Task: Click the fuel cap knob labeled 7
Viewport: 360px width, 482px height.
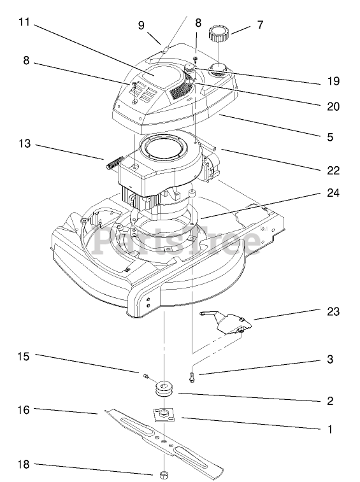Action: pyautogui.click(x=218, y=34)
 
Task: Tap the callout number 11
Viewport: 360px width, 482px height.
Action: pyautogui.click(x=24, y=22)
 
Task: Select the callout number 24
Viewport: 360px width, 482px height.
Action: pyautogui.click(x=333, y=193)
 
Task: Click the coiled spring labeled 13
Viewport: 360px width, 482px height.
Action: pyautogui.click(x=115, y=162)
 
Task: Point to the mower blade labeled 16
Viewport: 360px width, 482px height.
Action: pyautogui.click(x=164, y=441)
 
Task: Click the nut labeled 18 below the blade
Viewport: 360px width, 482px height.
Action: pyautogui.click(x=164, y=474)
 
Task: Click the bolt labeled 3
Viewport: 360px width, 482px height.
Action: pyautogui.click(x=192, y=377)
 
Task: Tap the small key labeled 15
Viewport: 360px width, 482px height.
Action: pyautogui.click(x=146, y=375)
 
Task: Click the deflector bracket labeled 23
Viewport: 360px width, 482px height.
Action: pyautogui.click(x=226, y=322)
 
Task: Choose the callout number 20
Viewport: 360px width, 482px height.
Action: pyautogui.click(x=333, y=106)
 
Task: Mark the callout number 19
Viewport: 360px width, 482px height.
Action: pyautogui.click(x=333, y=81)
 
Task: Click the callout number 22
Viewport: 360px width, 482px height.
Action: pyautogui.click(x=333, y=170)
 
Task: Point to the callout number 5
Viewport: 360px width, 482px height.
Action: pyautogui.click(x=330, y=137)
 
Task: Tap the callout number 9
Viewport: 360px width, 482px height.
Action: pyautogui.click(x=141, y=25)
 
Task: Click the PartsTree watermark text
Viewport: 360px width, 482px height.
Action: pyautogui.click(x=177, y=240)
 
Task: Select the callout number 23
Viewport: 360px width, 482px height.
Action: pyautogui.click(x=333, y=311)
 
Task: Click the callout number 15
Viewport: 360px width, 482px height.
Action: pyautogui.click(x=23, y=357)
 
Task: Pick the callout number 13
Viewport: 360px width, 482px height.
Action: pyautogui.click(x=24, y=143)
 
